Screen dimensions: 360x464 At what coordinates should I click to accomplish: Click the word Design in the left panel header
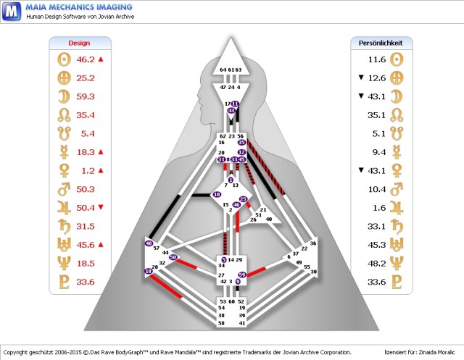click(79, 43)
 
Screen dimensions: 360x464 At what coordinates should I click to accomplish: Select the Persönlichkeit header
click(381, 43)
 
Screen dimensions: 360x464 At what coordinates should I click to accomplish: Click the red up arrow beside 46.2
click(101, 59)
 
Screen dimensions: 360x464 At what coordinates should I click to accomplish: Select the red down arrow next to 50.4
click(101, 207)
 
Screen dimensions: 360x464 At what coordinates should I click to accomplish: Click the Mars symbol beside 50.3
click(62, 189)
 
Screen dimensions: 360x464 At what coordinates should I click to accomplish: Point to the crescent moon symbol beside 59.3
click(62, 96)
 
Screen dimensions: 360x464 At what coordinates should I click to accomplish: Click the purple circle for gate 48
click(149, 244)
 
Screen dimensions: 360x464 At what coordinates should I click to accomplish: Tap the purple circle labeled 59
click(242, 275)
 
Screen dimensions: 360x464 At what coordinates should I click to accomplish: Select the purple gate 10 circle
click(216, 195)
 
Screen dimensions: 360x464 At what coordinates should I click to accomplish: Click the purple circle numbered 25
click(244, 199)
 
